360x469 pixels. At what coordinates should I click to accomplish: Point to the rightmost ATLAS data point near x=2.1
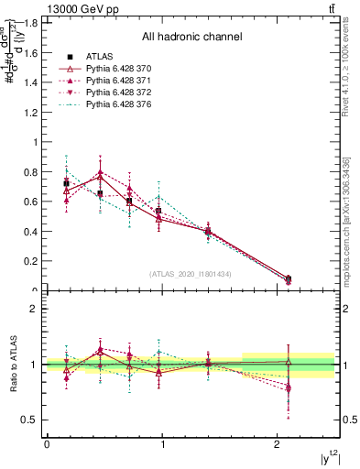click(x=289, y=278)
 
